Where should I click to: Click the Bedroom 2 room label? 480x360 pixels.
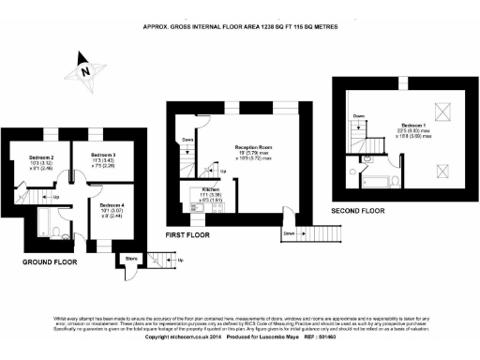(x=40, y=157)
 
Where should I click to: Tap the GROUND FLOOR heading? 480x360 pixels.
(x=49, y=262)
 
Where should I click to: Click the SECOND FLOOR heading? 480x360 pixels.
(x=356, y=210)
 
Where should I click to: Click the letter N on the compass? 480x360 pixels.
(x=84, y=69)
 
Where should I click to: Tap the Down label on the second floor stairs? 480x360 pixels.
(x=359, y=116)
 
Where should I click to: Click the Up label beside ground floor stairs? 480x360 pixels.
(x=55, y=197)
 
